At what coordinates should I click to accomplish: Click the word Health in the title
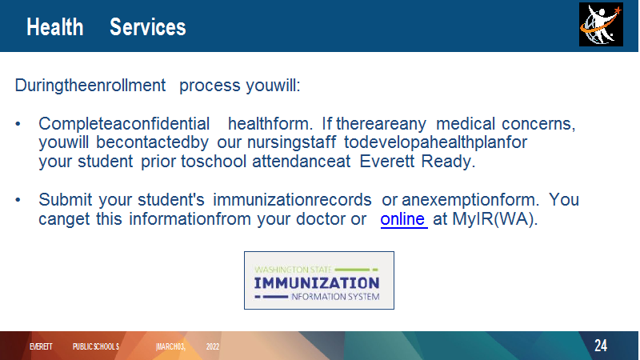tap(55, 27)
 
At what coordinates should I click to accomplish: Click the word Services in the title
tap(148, 27)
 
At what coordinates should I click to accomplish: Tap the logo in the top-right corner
tap(601, 25)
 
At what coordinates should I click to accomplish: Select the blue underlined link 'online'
tap(404, 219)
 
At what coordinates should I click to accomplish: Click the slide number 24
tap(601, 346)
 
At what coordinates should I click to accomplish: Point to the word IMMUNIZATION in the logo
tap(317, 283)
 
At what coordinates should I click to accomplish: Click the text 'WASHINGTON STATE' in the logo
tap(293, 270)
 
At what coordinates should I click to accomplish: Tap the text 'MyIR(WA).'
tap(495, 219)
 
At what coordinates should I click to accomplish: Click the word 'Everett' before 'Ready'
tap(387, 162)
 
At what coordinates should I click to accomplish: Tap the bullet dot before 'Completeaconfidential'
tap(18, 124)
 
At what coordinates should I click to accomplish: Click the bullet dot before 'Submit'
tap(18, 200)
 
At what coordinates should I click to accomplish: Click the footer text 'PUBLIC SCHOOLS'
tap(96, 346)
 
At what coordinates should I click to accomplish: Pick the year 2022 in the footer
tap(213, 346)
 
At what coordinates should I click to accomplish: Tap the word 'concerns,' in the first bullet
tap(538, 124)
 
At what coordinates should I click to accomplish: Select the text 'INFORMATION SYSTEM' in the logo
tap(335, 297)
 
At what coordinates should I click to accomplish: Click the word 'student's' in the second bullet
tap(171, 199)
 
